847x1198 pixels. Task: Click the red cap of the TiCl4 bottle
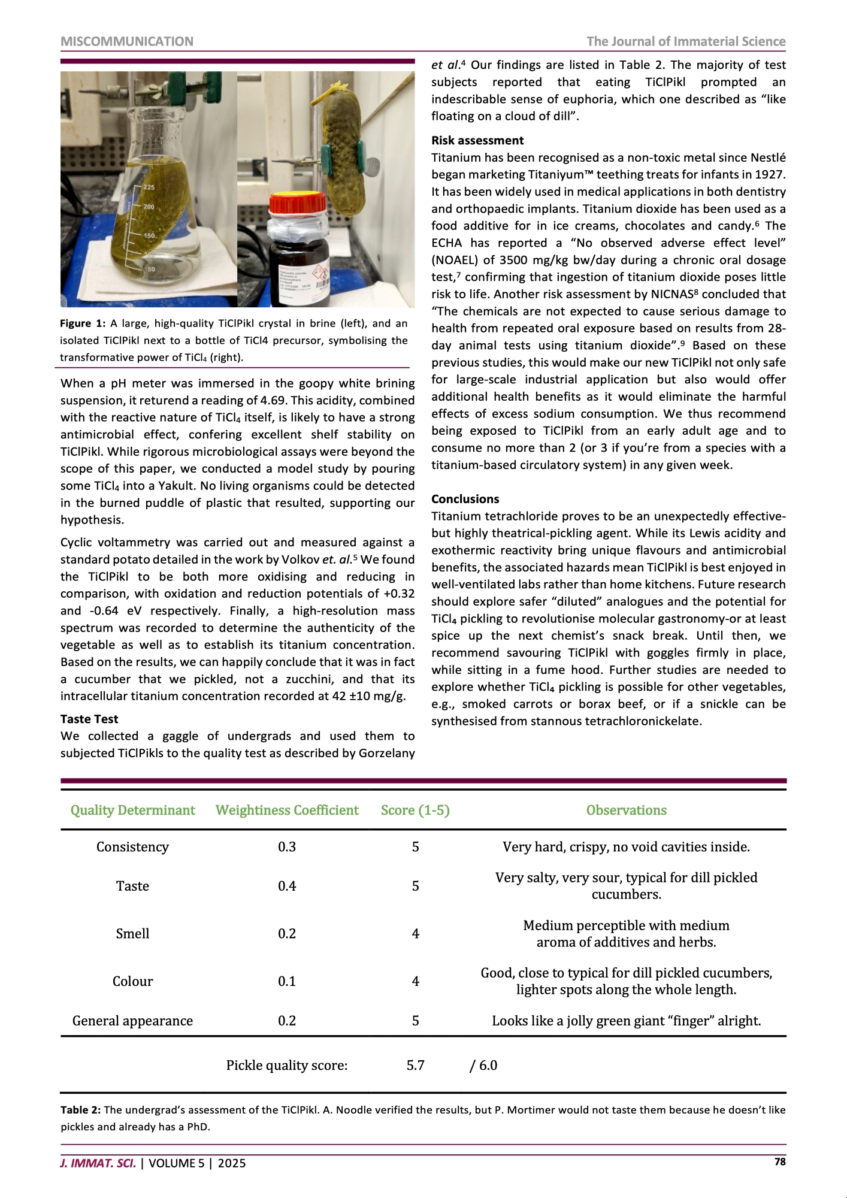[x=297, y=204]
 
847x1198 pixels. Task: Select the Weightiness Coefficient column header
[x=287, y=810]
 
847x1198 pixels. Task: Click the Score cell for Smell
[x=415, y=934]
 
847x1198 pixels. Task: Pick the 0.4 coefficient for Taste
[x=287, y=886]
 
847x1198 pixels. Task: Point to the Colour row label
[x=132, y=981]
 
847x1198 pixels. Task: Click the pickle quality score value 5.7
[x=415, y=1065]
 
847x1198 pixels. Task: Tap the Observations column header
[x=626, y=810]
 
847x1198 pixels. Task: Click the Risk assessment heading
[x=477, y=141]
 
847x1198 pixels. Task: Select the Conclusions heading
[x=465, y=499]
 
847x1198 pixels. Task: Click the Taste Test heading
[x=89, y=719]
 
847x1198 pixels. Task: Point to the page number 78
[x=779, y=1161]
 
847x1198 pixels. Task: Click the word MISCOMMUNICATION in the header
[x=127, y=41]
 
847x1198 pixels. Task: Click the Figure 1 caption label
[x=83, y=323]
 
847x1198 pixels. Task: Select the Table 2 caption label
[x=80, y=1110]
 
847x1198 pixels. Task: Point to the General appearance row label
[x=132, y=1021]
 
